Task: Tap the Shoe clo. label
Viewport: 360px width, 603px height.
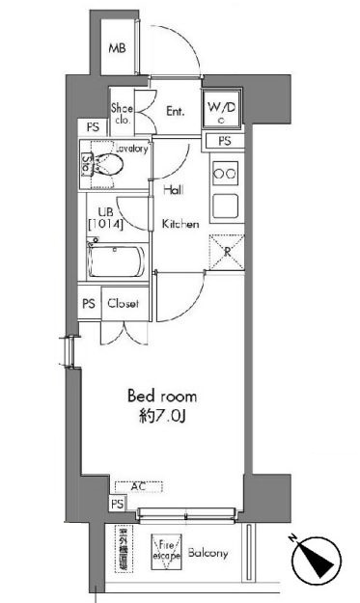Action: [x=123, y=114]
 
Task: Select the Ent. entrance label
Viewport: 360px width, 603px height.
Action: [x=175, y=112]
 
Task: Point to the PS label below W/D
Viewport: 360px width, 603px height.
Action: [x=225, y=142]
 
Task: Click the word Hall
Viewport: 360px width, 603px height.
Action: [x=174, y=190]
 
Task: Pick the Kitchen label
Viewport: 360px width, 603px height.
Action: [x=180, y=224]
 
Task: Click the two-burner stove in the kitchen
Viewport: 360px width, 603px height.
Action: [x=225, y=174]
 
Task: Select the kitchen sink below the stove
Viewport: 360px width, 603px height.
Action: [x=225, y=205]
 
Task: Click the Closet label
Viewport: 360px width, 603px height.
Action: [x=124, y=303]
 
